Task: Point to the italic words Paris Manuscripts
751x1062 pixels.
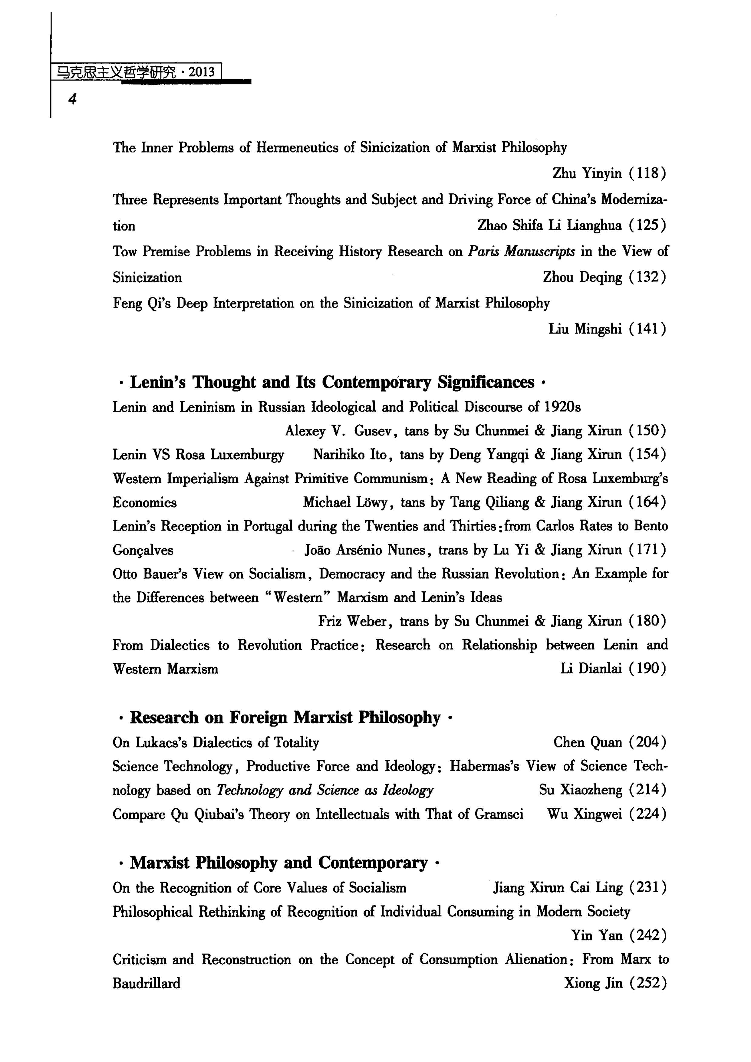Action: click(522, 252)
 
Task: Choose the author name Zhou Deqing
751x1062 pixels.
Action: click(583, 278)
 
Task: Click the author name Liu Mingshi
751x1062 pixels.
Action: click(585, 329)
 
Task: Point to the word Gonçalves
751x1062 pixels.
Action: click(143, 551)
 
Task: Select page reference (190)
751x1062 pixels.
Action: click(647, 669)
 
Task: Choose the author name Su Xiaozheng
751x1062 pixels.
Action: click(581, 790)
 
